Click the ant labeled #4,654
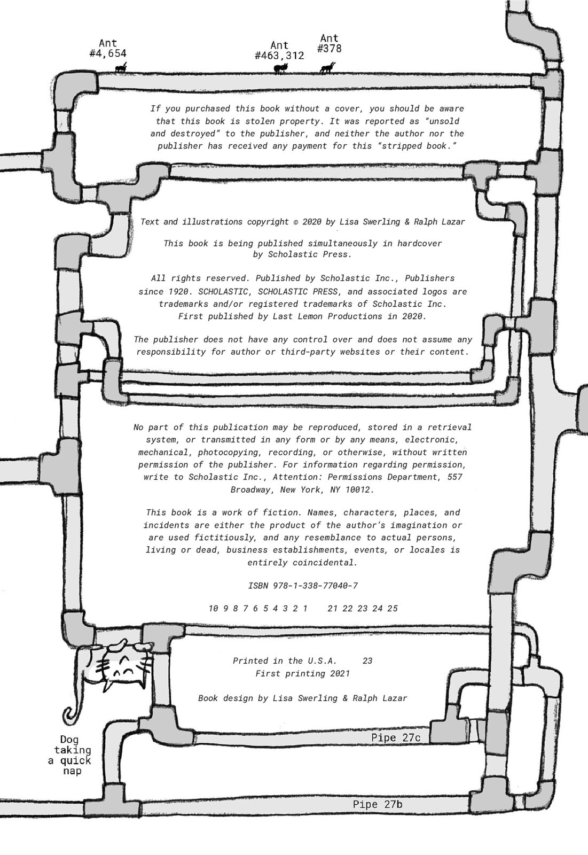pos(121,68)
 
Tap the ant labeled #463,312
pos(280,68)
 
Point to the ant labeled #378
pos(327,68)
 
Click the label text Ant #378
pos(329,43)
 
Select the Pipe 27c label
pos(396,738)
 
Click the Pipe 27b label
pos(378,805)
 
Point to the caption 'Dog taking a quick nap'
pos(70,756)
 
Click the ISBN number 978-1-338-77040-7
pos(315,586)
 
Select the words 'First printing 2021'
pos(303,674)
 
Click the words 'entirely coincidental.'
pos(302,563)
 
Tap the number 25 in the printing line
pos(393,609)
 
